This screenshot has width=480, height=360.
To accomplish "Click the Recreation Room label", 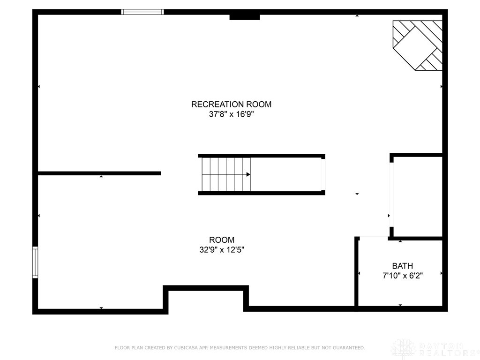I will pos(231,105).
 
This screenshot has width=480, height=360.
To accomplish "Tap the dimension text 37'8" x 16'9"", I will pos(231,114).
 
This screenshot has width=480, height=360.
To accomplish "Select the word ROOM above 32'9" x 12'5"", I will pos(222,240).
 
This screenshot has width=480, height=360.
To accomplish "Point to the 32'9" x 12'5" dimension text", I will pos(222,250).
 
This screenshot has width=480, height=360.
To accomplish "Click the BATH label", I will pos(403,266).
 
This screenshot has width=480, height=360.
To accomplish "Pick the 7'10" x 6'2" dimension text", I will pos(403,276).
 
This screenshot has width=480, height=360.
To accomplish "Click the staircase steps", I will pos(225,174).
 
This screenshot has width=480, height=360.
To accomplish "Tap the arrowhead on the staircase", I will pos(248,174).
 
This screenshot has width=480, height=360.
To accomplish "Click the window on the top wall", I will pos(142,12).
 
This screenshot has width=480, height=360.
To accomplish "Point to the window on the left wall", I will pos(35,262).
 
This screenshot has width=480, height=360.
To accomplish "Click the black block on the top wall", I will pos(244,17).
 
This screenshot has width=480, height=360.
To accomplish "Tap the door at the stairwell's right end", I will pos(323,174).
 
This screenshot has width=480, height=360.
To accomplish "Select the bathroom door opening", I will pos(373,238).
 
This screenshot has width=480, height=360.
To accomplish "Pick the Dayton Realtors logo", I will pos(434,349).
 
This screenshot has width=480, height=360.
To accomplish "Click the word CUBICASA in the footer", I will pos(180,348).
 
